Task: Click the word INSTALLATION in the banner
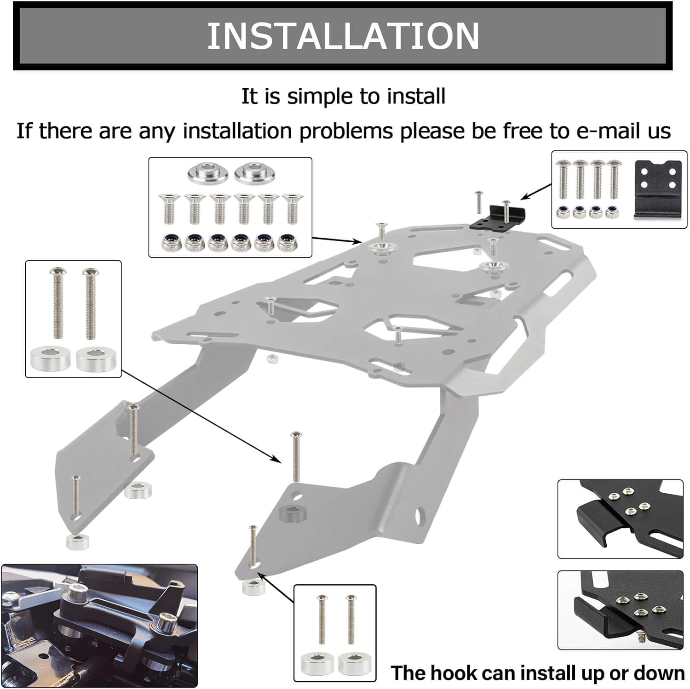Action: (x=343, y=36)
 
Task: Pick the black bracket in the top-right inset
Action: (x=657, y=188)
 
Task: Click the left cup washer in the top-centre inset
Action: (x=207, y=174)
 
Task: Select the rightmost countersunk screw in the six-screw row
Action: (x=292, y=208)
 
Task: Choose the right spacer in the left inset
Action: (x=96, y=359)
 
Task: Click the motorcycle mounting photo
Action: (x=99, y=626)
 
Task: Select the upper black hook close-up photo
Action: (x=620, y=518)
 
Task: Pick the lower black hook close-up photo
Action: (x=620, y=609)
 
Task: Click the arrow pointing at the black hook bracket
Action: (x=536, y=191)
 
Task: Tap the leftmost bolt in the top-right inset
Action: (x=563, y=179)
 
